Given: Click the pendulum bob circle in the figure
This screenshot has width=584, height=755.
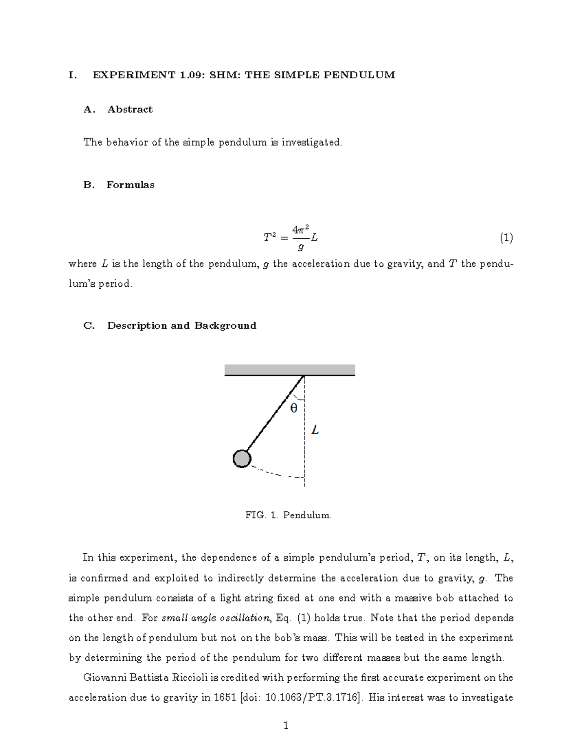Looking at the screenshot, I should (242, 458).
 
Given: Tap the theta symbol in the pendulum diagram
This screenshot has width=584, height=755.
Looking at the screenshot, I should (293, 408).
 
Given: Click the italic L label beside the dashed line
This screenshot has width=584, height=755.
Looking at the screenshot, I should (315, 430).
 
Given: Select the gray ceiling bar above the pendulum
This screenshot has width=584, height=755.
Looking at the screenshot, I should (290, 369).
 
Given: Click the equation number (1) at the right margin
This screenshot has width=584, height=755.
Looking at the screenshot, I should (506, 238).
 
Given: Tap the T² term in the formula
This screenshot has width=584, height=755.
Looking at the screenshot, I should (269, 238).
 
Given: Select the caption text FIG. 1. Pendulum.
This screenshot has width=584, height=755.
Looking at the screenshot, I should (289, 515).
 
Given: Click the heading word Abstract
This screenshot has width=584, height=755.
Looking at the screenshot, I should (130, 109).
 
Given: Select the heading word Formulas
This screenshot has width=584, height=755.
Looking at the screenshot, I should (130, 185).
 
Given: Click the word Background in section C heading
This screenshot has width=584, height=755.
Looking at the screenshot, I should (225, 326).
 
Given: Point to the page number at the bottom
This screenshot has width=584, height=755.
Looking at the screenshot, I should (286, 726).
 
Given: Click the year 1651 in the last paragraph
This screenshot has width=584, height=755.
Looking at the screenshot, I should (224, 698).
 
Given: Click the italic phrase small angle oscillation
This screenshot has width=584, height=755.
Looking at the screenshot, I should (216, 618).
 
